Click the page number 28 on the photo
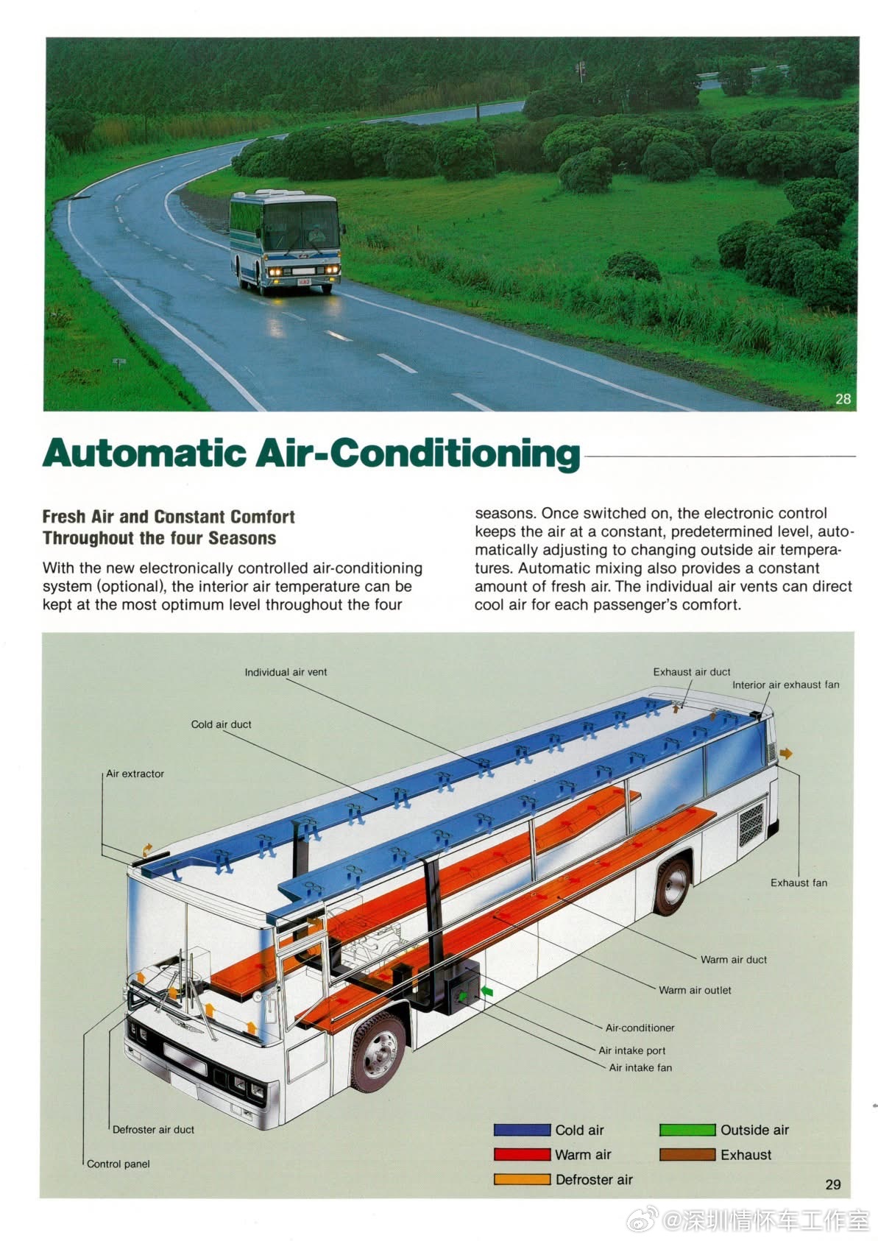(x=843, y=399)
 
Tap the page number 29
(x=832, y=1184)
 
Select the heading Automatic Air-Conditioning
(x=311, y=453)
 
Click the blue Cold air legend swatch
(x=522, y=1130)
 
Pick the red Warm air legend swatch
(x=522, y=1154)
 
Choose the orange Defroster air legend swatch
(x=522, y=1179)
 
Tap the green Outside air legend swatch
(x=687, y=1130)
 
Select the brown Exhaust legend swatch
(x=687, y=1154)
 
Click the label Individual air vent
(x=286, y=672)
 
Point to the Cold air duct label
(x=221, y=724)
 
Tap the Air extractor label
(x=135, y=774)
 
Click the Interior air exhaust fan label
(x=785, y=685)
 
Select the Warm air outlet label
(x=695, y=990)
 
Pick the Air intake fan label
(x=640, y=1067)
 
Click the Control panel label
(x=118, y=1164)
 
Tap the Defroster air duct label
(x=153, y=1129)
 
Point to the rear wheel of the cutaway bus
(x=673, y=886)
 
